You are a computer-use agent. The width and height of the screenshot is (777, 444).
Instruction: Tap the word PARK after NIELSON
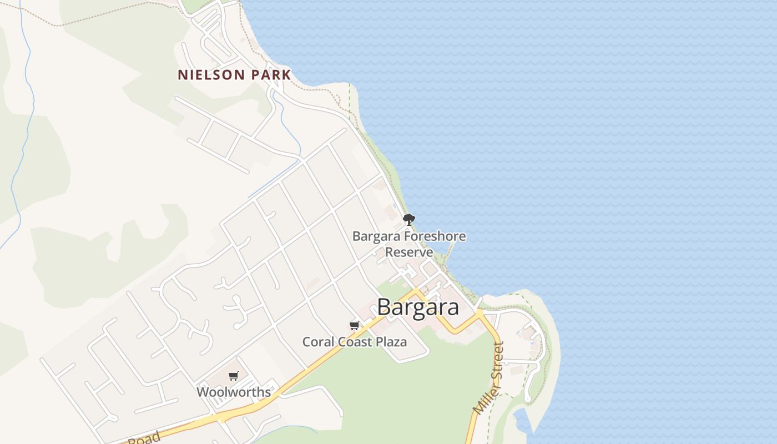point(271,75)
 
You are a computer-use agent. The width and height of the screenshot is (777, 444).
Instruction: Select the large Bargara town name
point(418,307)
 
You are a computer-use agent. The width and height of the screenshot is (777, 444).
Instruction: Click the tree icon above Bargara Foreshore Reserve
point(409,219)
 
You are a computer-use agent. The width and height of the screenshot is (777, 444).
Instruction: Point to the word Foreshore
point(435,236)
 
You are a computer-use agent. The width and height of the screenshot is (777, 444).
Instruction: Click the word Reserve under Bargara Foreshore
point(409,252)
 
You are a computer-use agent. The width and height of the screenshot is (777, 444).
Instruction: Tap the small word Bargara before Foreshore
point(376,236)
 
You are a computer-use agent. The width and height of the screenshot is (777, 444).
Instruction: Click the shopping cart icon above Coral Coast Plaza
point(354,325)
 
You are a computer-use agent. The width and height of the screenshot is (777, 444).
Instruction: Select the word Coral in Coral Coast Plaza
point(316,342)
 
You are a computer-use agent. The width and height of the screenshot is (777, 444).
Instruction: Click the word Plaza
point(391,342)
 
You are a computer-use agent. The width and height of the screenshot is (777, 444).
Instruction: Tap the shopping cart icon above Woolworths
point(233,376)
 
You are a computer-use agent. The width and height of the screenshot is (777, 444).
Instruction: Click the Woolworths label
point(234,392)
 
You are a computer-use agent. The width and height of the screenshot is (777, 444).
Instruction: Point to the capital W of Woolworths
point(203,392)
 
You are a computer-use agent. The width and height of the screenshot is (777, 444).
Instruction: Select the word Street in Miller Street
point(497,361)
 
